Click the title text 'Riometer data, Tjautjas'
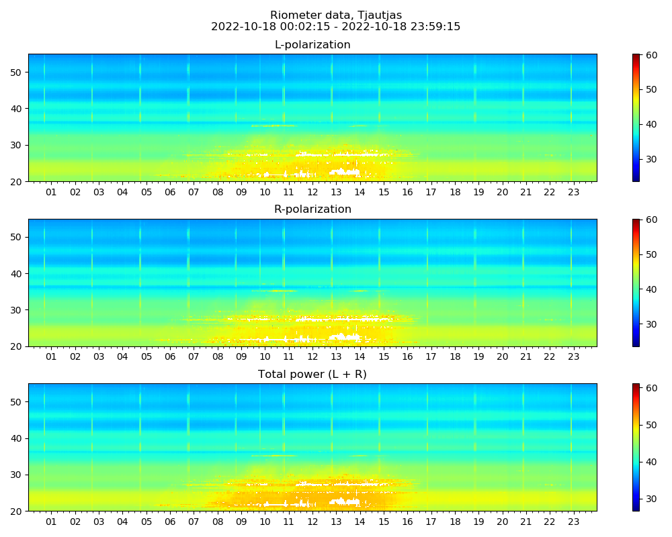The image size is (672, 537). coord(336,15)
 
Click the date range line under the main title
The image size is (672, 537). coord(336,27)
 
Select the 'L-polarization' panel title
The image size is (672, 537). coord(312,45)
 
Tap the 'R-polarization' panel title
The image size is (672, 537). coord(312,209)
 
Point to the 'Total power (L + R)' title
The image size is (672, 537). coord(312,375)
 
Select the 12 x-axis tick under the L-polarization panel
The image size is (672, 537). coord(312,192)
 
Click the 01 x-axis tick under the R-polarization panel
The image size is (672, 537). coord(51,357)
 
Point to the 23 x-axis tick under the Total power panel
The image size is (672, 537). coord(573,522)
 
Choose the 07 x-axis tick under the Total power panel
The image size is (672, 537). coord(194,522)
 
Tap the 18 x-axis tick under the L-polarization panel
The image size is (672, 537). coord(455,192)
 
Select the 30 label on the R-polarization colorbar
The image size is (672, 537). coord(650,324)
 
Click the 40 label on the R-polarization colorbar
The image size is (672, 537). coord(650,289)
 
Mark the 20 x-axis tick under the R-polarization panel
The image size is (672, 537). coord(502,357)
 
